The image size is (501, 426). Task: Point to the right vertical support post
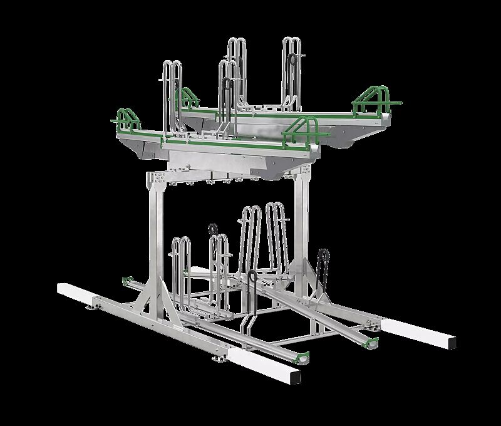(x=303, y=232)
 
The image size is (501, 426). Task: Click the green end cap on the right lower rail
(x=373, y=341)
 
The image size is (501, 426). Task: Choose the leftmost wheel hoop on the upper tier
(x=172, y=94)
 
